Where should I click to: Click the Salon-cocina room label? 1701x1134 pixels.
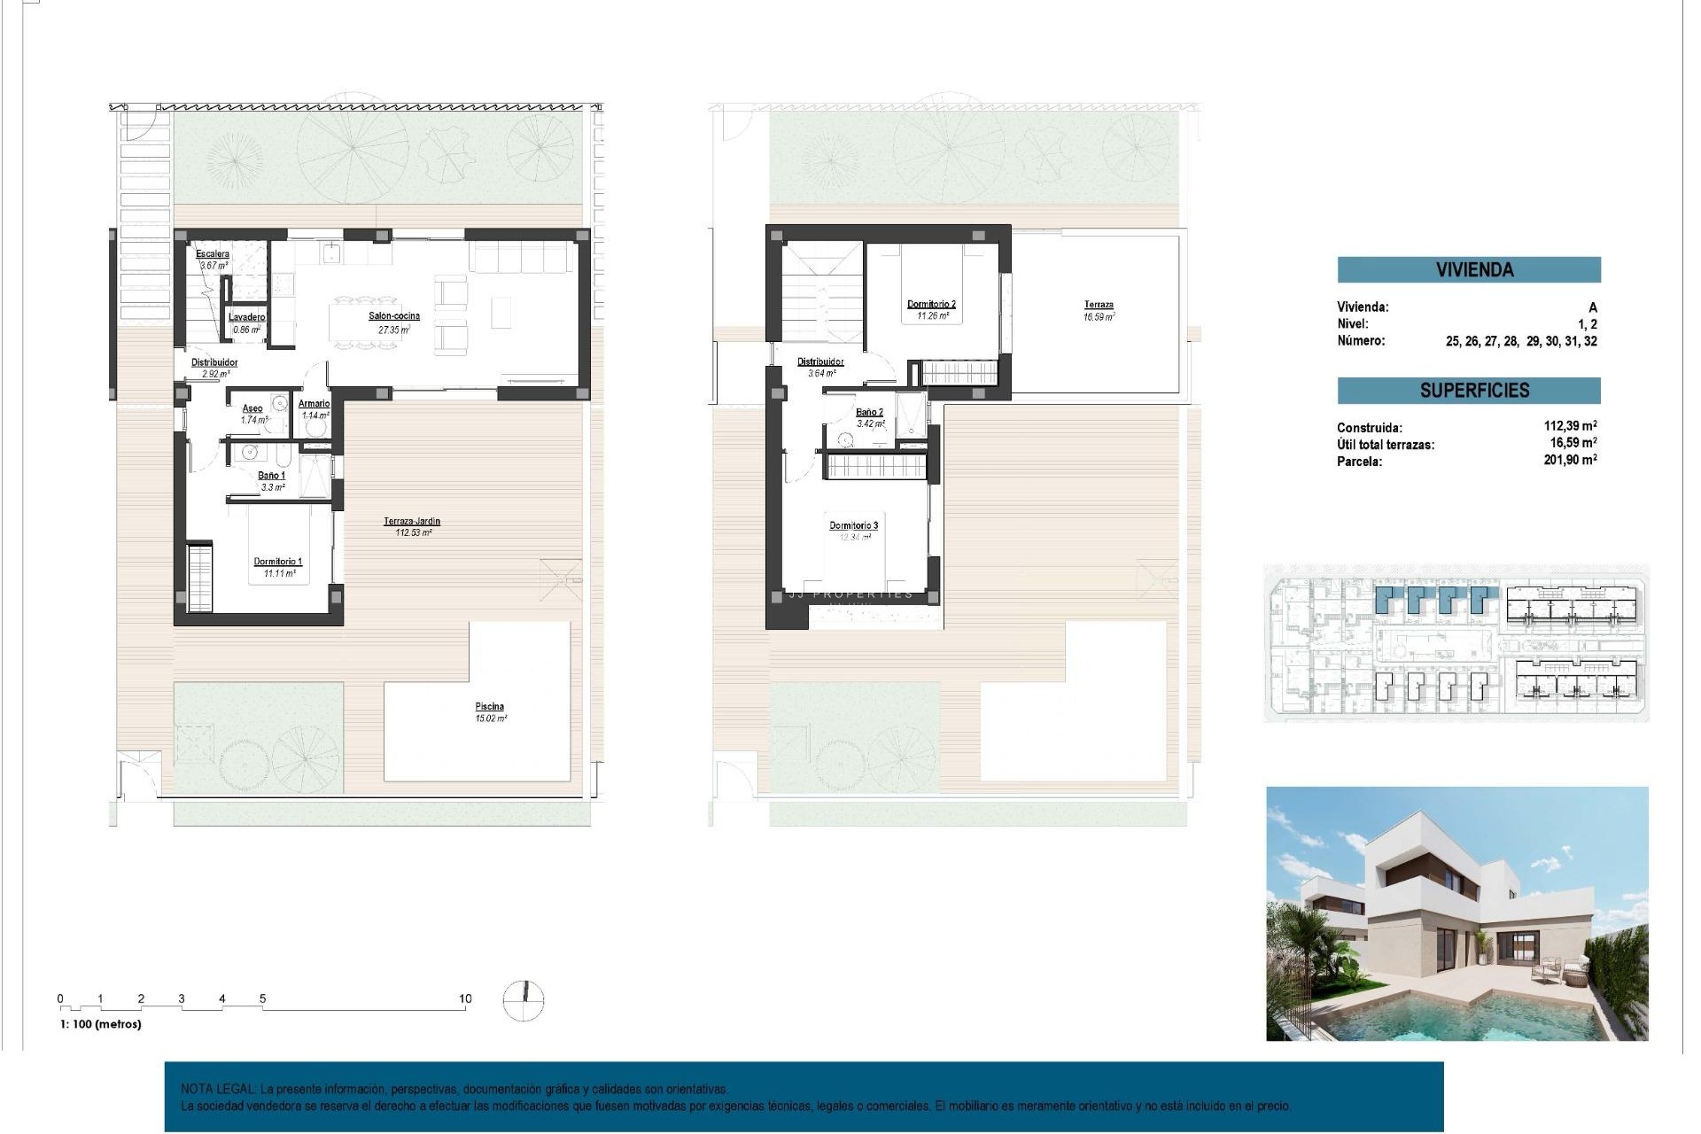(x=394, y=316)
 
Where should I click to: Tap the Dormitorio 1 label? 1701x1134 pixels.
(x=278, y=562)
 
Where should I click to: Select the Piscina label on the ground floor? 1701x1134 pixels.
(x=490, y=707)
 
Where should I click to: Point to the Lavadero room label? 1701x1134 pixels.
(x=246, y=317)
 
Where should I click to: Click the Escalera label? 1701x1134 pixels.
(x=213, y=254)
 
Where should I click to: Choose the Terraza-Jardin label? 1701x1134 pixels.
(x=412, y=522)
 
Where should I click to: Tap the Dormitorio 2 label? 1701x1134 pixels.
(x=931, y=305)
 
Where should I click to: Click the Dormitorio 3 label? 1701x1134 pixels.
(x=853, y=526)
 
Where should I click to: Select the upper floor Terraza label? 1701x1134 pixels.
(x=1099, y=305)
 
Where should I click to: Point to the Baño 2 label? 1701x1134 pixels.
(x=869, y=413)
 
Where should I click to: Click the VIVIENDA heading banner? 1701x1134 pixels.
(x=1469, y=269)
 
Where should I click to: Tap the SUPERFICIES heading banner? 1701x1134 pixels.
(x=1469, y=391)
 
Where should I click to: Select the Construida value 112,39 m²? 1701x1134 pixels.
(x=1570, y=426)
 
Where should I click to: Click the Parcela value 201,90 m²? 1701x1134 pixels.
(x=1570, y=460)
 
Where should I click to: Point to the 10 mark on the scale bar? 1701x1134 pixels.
(x=465, y=998)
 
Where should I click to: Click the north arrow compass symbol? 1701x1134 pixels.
(x=524, y=1000)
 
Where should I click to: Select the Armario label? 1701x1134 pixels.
(x=315, y=404)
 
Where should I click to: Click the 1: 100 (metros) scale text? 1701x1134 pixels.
(x=101, y=1024)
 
